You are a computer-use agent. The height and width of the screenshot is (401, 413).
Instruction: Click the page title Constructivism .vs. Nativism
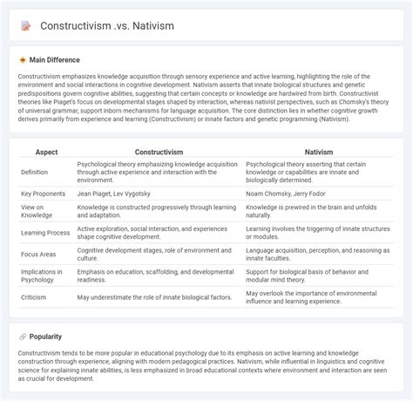tap(107, 26)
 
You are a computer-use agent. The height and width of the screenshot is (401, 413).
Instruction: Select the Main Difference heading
tap(55, 59)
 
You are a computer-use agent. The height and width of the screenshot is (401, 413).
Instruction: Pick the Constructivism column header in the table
tap(159, 152)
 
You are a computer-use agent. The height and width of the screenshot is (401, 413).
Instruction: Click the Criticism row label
tap(36, 297)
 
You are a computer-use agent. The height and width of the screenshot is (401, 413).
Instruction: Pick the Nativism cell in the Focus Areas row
tap(319, 255)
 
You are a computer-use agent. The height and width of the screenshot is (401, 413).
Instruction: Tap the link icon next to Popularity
tap(23, 336)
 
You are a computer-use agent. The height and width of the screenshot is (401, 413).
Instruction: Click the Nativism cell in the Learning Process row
tap(319, 233)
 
